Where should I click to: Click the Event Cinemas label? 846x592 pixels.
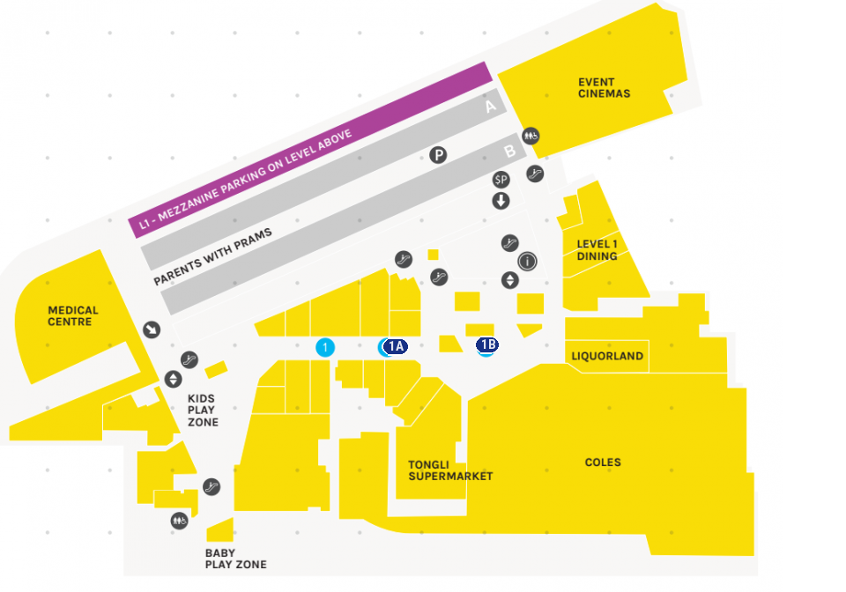point(604,88)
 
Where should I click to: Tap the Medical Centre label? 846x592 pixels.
point(73,316)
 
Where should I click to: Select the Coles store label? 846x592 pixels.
point(603,462)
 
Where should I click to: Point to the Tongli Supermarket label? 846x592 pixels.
point(449,470)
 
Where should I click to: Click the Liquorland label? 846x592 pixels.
point(607,356)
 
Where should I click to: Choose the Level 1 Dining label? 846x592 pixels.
point(597,250)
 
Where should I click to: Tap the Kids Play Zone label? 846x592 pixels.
point(202,411)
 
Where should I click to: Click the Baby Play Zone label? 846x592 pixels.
point(235,559)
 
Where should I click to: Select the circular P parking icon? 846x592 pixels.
point(438,156)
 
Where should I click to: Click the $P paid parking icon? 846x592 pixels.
point(501,180)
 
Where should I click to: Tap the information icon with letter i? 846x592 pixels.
point(527,262)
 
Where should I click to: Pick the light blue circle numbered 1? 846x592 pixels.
point(325,347)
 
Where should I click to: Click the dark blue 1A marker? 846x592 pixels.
point(395,346)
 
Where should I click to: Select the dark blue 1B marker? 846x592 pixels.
point(486,344)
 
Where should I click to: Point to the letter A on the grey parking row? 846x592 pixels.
point(491,108)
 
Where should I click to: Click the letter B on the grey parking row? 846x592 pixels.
point(509,152)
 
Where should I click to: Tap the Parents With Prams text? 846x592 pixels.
point(211,257)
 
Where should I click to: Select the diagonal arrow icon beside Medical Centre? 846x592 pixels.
point(152,329)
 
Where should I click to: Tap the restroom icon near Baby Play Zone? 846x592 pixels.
point(180,521)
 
